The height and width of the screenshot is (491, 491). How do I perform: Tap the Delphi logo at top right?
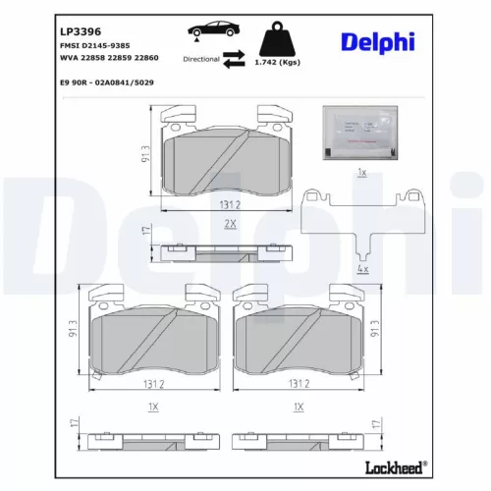click(x=377, y=41)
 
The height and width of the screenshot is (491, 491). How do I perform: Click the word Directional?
click(x=201, y=60)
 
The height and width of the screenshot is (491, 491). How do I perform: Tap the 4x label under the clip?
click(x=362, y=267)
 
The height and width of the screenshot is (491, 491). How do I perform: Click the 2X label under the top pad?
click(x=229, y=224)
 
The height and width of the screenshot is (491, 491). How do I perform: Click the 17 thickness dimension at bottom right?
click(x=377, y=422)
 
